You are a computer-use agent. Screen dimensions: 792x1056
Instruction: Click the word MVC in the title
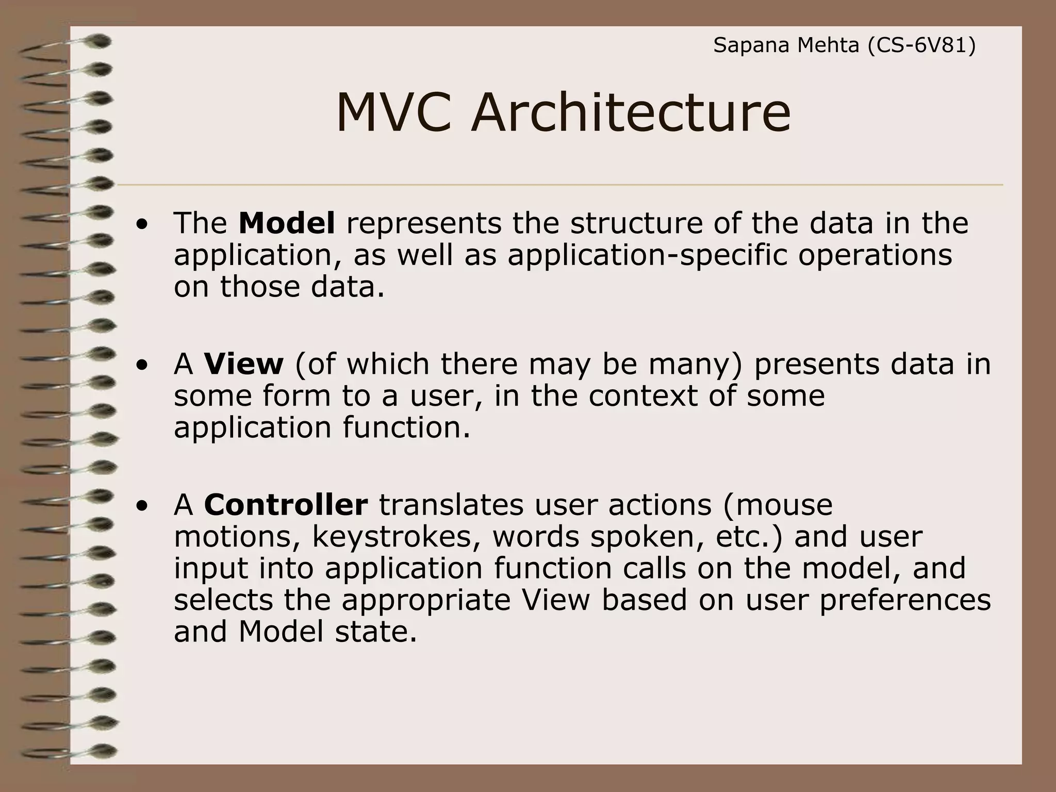click(x=393, y=113)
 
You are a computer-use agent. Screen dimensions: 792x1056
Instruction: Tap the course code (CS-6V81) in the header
click(x=921, y=46)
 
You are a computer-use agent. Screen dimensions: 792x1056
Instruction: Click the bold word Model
click(x=287, y=223)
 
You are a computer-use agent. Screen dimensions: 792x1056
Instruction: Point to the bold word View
click(x=243, y=364)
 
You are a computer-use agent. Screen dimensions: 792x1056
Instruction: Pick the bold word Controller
click(x=286, y=505)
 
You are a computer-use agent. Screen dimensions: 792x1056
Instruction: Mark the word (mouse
click(x=778, y=505)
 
